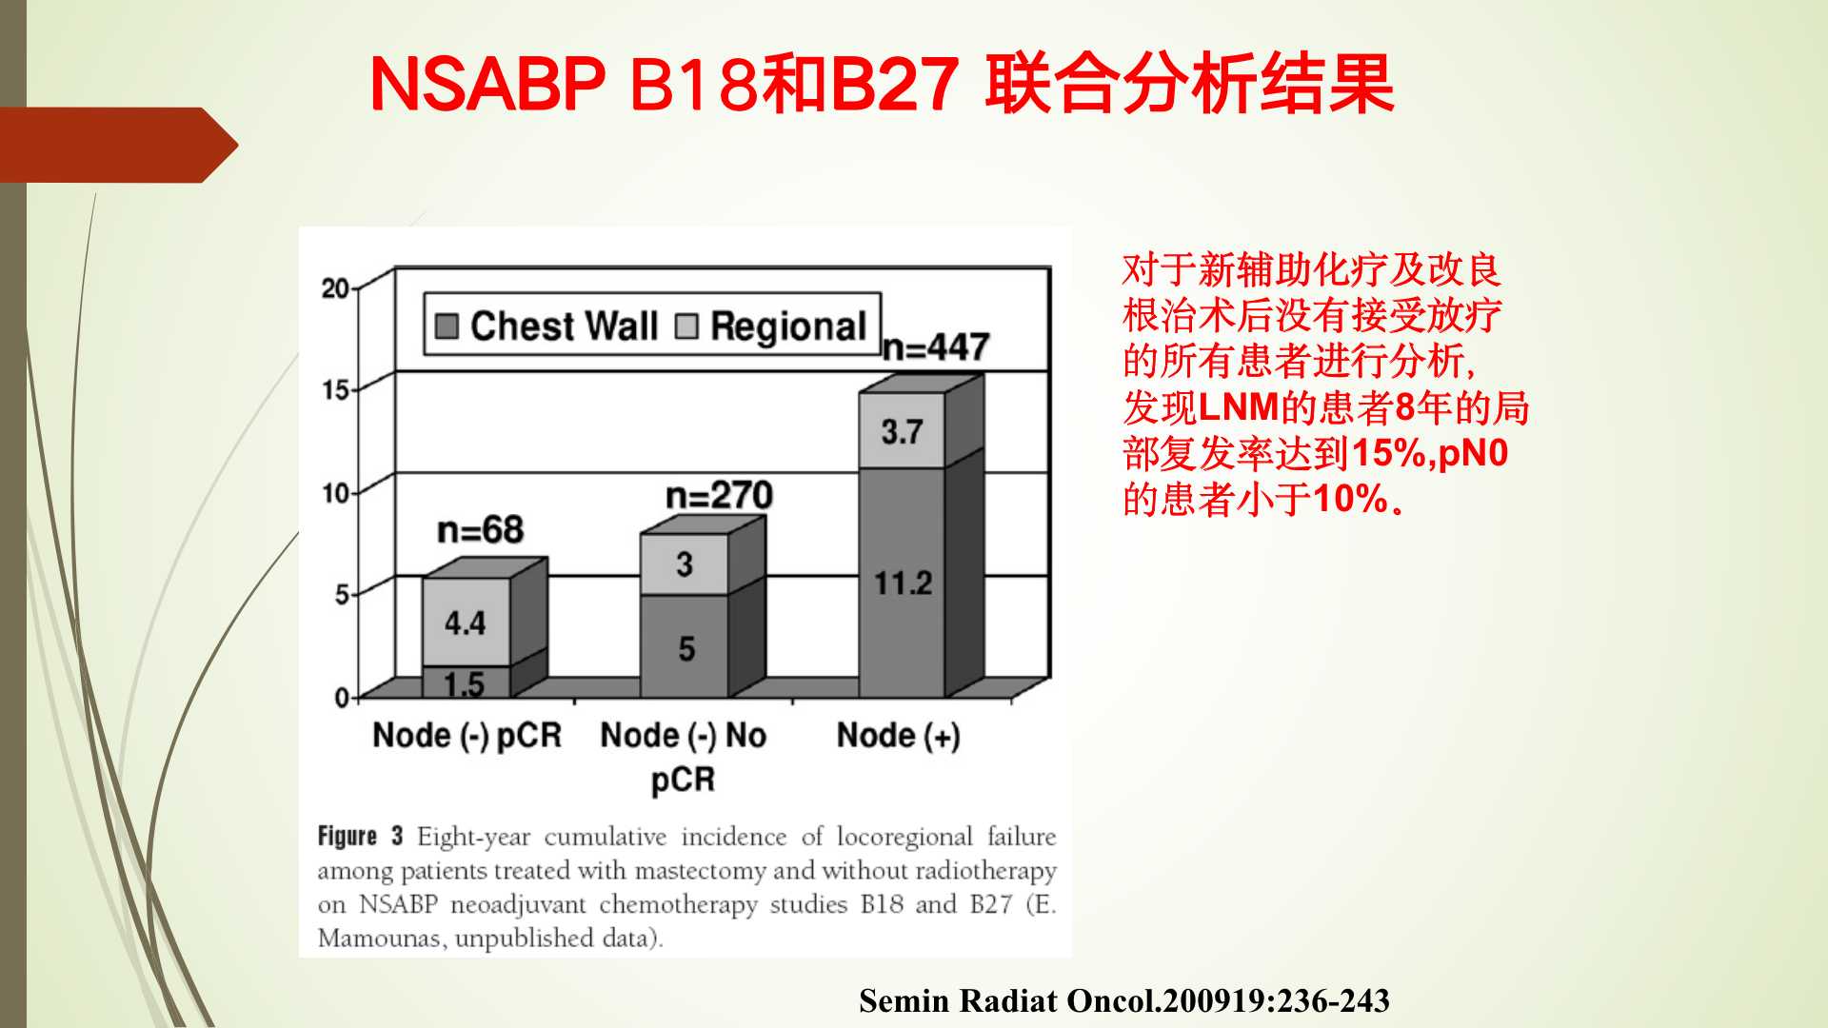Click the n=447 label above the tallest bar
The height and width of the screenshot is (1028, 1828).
point(937,347)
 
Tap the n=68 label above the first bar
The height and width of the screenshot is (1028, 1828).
point(480,530)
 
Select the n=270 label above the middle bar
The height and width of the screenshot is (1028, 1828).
point(719,496)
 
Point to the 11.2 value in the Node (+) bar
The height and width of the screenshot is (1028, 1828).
point(903,583)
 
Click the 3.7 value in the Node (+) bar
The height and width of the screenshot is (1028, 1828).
point(902,432)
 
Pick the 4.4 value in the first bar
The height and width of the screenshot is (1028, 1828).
point(465,623)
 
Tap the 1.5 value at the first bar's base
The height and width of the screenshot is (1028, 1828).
point(464,683)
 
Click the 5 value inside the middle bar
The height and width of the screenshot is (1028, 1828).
point(686,649)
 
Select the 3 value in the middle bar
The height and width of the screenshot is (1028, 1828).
point(685,564)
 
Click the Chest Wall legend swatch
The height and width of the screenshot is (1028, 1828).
point(446,326)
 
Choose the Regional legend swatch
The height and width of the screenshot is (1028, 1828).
point(686,326)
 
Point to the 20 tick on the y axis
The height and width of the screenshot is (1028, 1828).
point(335,288)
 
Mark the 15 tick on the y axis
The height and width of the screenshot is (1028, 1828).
point(335,390)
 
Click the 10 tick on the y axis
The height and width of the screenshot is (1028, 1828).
point(335,493)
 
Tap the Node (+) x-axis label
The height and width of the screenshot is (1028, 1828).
point(898,736)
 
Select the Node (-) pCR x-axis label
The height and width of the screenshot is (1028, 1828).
point(467,736)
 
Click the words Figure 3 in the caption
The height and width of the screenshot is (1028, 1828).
point(360,837)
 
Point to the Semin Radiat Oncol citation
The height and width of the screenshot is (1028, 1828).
point(1124,1001)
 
